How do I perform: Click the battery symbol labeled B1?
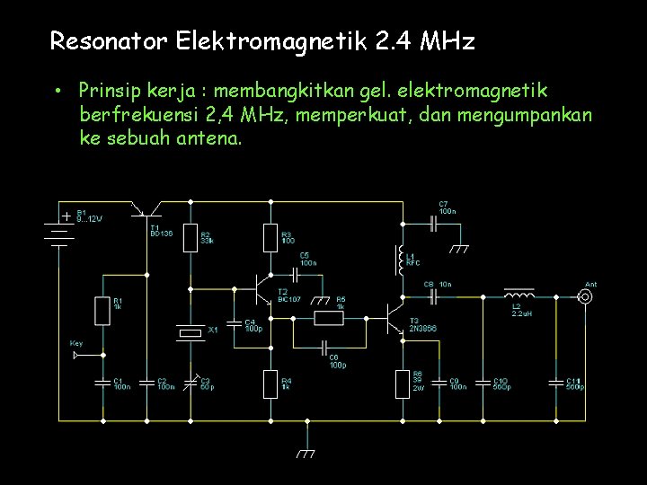(60, 230)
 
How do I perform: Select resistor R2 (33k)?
(190, 238)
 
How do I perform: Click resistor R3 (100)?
(270, 238)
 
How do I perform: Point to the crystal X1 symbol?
(191, 332)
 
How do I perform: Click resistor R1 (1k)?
(102, 311)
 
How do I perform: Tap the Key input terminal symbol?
(78, 355)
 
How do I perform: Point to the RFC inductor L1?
(400, 260)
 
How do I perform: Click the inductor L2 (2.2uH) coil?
(518, 294)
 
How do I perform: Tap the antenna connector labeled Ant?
(584, 296)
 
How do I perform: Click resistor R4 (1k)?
(270, 384)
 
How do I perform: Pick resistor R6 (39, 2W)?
(402, 384)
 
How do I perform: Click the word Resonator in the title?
(109, 41)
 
